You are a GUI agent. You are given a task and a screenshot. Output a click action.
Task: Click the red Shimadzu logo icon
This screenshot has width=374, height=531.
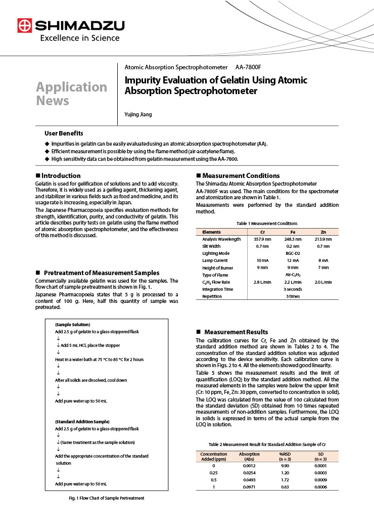24,25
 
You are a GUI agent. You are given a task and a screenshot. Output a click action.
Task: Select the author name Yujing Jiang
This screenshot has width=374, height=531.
138,114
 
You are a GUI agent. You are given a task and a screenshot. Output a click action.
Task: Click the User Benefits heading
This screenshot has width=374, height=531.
64,133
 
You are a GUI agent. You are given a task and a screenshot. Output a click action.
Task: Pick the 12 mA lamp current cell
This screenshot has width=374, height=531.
293,260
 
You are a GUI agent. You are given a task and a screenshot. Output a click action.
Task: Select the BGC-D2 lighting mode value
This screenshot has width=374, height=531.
293,253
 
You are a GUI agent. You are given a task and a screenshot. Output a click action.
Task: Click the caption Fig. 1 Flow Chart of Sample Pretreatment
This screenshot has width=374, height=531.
107,498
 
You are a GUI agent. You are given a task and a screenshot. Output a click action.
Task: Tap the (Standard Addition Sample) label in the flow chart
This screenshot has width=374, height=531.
82,421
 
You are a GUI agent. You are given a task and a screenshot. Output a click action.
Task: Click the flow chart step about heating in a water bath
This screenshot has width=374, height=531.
99,359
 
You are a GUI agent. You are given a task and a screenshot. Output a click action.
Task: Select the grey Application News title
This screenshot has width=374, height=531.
71,94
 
